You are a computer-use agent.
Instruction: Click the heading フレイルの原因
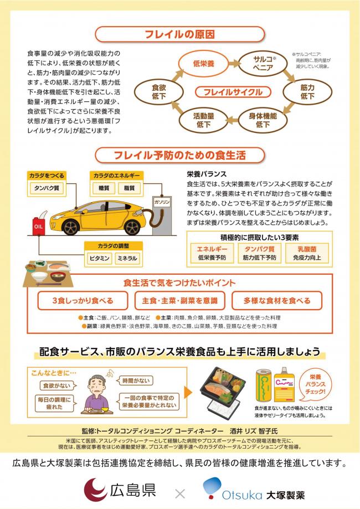point(179,34)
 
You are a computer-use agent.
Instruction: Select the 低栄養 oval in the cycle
point(203,64)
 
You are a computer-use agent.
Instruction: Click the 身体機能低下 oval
point(263,120)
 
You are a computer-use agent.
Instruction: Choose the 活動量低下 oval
point(203,120)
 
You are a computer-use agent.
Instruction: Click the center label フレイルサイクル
point(233,92)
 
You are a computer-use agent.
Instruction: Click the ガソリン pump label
point(162,203)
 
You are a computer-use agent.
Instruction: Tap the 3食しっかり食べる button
point(83,301)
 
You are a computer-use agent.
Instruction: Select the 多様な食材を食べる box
point(277,301)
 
